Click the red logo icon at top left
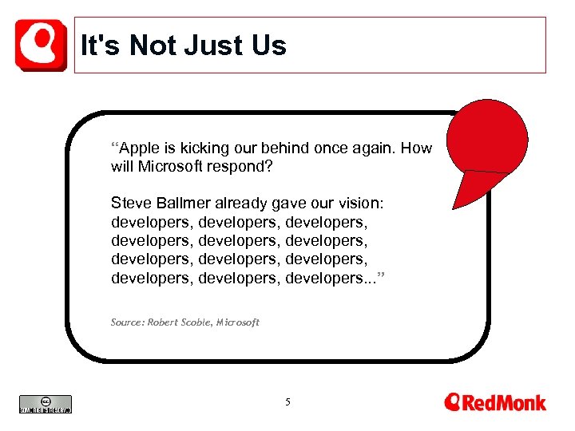[x=41, y=45]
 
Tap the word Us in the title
[x=267, y=45]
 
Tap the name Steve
[x=130, y=204]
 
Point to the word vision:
[x=363, y=204]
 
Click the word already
[x=242, y=204]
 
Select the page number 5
[x=287, y=402]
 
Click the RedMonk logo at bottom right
[x=495, y=402]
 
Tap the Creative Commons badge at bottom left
[x=46, y=404]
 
